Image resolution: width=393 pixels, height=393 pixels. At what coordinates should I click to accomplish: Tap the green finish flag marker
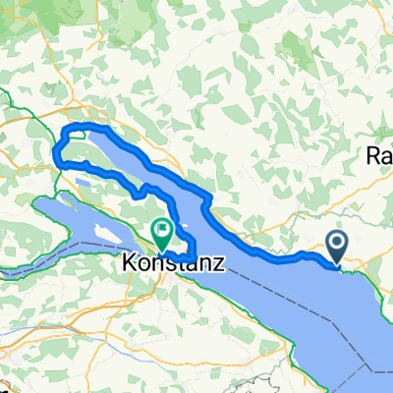point(162,232)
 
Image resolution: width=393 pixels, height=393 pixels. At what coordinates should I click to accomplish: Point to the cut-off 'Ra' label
point(379,155)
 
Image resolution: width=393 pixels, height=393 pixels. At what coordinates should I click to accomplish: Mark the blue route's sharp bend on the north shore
point(207,201)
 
